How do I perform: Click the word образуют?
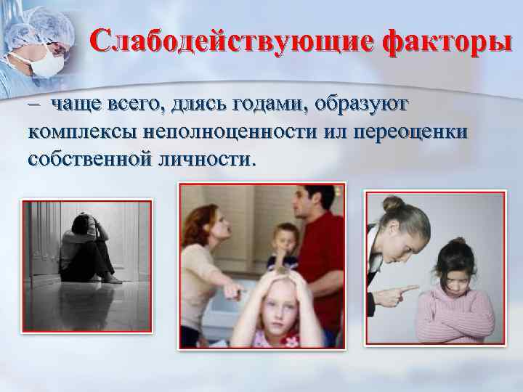(x=364, y=106)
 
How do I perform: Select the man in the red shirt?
(x=316, y=247)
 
